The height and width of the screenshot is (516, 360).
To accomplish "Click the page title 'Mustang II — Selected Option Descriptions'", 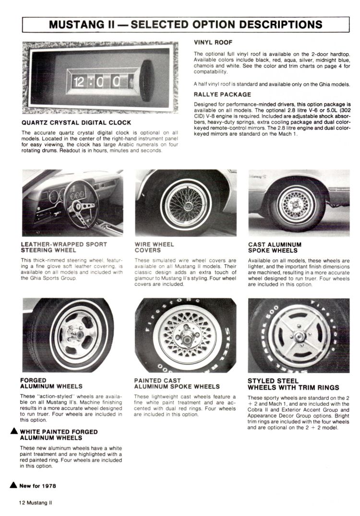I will click(185, 24).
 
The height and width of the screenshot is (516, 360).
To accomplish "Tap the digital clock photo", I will click(100, 78).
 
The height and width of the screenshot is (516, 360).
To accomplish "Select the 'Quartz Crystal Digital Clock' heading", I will click(76, 123).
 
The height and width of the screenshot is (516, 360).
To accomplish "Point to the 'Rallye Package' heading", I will click(222, 94).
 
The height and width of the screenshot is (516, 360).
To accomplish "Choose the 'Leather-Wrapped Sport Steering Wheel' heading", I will click(64, 247).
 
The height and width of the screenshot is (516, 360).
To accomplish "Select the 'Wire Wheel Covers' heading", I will click(154, 247).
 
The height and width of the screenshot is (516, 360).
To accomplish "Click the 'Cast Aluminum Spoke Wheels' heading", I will click(275, 247).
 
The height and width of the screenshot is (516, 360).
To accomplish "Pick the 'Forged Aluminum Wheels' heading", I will click(51, 383).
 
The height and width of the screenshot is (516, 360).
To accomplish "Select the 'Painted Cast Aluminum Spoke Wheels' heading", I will click(177, 383).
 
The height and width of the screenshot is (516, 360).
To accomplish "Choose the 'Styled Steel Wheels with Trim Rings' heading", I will click(293, 384).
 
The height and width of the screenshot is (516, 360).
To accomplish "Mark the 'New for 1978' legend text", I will click(37, 486).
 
